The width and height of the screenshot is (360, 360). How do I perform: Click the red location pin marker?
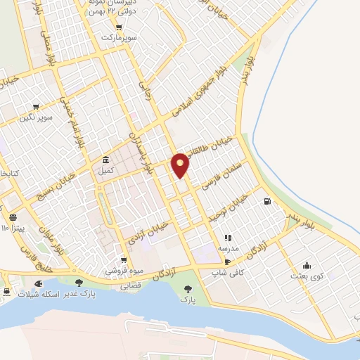[181, 165]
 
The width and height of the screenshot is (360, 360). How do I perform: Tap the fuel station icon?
[267, 202]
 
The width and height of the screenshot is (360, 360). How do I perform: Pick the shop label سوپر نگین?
[37, 115]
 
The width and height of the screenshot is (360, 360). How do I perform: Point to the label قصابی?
[132, 286]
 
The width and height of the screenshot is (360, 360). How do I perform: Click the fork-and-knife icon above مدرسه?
[227, 238]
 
